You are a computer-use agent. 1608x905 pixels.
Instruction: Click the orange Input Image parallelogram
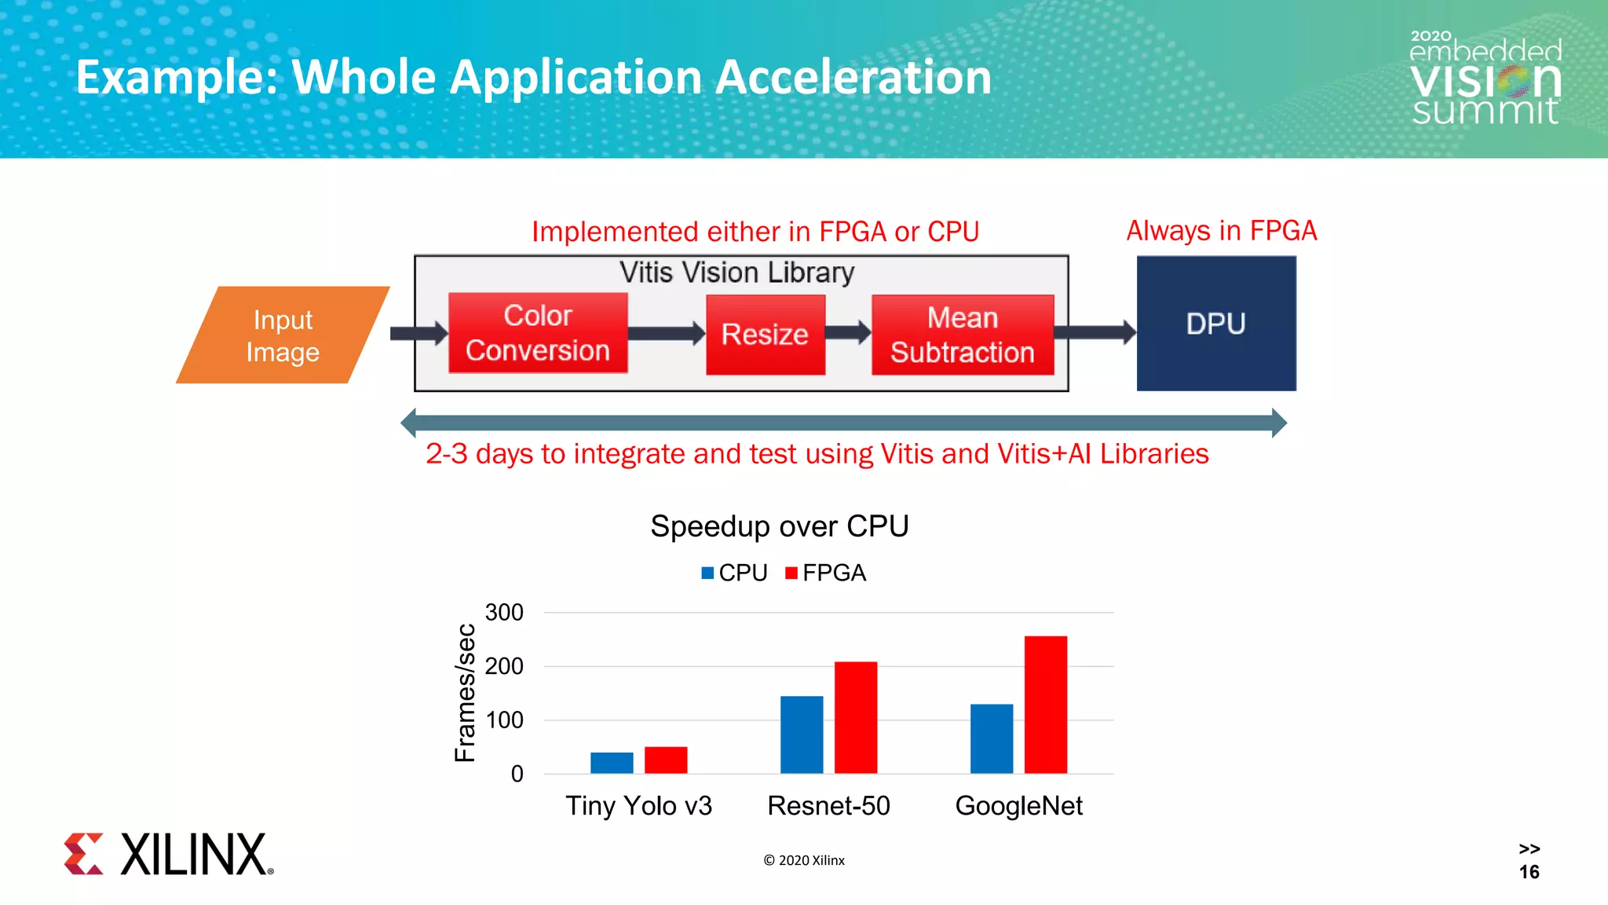coord(283,335)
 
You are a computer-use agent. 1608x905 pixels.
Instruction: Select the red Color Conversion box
coord(538,333)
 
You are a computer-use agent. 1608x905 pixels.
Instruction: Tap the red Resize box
coord(766,335)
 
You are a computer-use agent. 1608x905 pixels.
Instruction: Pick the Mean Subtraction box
coord(963,335)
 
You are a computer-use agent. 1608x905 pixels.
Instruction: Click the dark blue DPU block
coord(1216,324)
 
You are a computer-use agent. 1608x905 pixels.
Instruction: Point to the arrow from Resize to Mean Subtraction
coord(848,332)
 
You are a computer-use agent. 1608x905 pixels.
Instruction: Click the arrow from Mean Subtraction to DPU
coord(1095,332)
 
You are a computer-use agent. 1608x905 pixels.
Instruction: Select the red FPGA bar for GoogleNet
coord(1045,705)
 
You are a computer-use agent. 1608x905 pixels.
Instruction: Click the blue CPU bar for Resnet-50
coord(802,735)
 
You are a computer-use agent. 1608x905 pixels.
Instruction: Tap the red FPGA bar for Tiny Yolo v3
coord(666,760)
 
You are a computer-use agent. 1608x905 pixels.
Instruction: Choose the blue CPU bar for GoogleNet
coord(992,738)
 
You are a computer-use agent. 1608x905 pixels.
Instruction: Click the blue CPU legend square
coord(707,573)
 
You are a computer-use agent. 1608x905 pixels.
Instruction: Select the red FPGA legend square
coord(791,573)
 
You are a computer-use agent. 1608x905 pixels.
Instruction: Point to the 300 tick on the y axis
coord(504,612)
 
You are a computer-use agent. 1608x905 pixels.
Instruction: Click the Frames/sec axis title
coord(466,693)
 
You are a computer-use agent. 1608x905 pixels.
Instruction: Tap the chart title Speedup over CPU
coord(779,526)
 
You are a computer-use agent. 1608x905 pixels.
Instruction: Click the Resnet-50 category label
coord(828,806)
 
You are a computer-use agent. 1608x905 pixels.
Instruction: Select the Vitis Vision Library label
coord(736,273)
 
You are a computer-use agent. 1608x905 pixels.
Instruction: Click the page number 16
coord(1529,872)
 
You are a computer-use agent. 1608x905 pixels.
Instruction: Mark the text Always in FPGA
coord(1221,231)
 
